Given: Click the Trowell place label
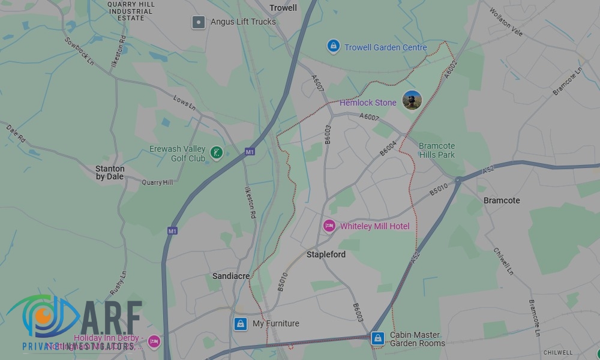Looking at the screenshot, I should tap(283, 8).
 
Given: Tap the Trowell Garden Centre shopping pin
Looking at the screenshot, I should tap(333, 46).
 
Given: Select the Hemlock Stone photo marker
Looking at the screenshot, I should tap(412, 100).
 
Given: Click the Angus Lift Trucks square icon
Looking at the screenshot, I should tap(199, 23).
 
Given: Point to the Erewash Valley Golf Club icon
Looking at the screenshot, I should tap(217, 154).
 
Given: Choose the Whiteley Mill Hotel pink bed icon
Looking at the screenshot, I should tap(329, 226).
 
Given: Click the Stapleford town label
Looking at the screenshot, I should tap(326, 254).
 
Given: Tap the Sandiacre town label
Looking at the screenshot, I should tap(231, 276).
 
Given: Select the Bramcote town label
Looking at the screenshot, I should tap(502, 200).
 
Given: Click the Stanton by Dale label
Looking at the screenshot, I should tap(110, 173).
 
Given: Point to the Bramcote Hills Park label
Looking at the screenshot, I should tap(437, 151).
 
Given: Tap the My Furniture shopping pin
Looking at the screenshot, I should tap(241, 324).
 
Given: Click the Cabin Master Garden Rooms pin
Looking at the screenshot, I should tap(377, 338).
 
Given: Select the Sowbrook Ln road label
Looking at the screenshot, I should tap(80, 51).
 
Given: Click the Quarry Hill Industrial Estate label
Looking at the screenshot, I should tap(131, 11).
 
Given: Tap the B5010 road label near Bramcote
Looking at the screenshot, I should tap(439, 189).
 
